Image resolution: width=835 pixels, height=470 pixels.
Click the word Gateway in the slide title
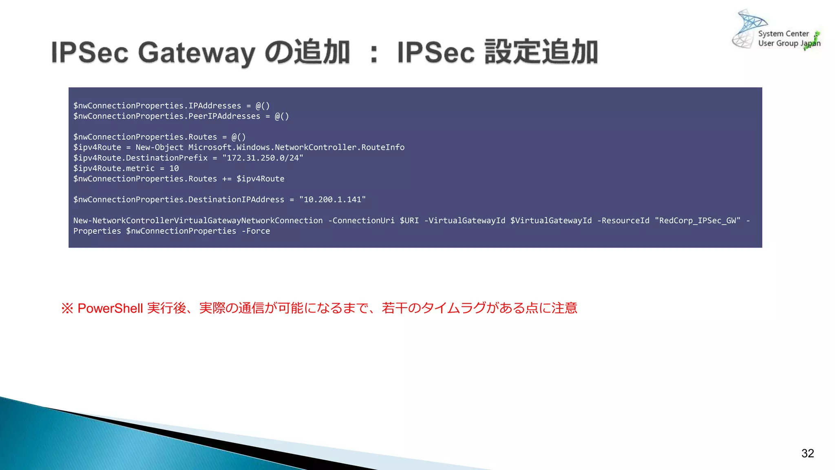point(197,53)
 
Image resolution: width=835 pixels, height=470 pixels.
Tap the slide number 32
point(807,453)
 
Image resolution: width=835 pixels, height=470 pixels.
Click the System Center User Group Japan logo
point(776,31)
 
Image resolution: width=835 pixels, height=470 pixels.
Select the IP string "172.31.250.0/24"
point(263,158)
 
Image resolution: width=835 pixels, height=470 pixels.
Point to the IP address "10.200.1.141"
point(332,200)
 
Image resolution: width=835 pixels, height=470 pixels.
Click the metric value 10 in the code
point(174,168)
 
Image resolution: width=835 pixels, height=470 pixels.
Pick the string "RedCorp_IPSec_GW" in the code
point(698,221)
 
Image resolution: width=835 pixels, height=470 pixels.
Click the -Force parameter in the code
point(256,231)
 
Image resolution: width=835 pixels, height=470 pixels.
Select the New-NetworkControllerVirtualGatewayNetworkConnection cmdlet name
point(198,221)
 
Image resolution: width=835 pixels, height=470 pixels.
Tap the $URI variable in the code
point(409,221)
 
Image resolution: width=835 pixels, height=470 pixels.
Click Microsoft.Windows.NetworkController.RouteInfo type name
point(296,147)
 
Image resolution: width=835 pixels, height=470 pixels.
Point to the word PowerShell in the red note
point(110,308)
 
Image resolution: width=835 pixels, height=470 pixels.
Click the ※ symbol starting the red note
point(67,308)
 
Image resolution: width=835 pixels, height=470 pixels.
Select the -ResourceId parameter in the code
point(623,221)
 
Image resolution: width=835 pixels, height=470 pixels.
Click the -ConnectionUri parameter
point(361,221)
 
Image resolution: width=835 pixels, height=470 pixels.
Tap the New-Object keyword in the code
point(159,147)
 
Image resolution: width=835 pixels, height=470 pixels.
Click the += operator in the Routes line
point(227,179)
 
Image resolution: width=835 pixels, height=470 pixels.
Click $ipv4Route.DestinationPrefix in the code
point(140,158)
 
